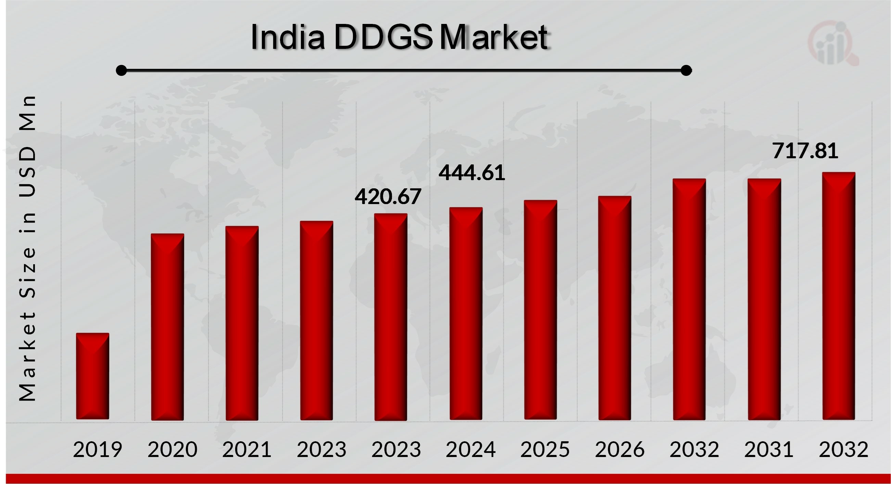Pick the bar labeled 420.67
coord(391,317)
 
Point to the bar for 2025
coord(540,310)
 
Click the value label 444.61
coord(471,173)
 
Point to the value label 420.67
coord(388,196)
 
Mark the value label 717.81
coord(805,151)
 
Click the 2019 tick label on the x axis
coord(98,449)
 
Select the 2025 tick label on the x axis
coord(545,449)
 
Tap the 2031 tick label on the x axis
coord(768,449)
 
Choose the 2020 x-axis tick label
coord(172,449)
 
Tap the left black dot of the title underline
coord(121,70)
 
